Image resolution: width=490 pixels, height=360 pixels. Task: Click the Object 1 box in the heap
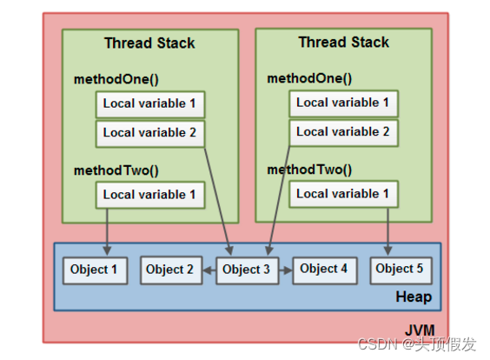click(x=96, y=270)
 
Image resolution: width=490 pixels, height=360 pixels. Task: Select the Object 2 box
click(x=171, y=270)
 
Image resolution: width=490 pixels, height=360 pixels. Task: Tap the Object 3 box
click(x=248, y=270)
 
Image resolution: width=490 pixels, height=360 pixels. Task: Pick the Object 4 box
click(x=325, y=270)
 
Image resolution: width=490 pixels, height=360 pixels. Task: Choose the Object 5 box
click(x=401, y=270)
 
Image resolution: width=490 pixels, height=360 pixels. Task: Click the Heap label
click(x=414, y=297)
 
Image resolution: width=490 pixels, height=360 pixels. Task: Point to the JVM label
click(x=420, y=330)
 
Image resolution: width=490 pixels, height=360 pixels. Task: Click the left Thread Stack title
click(x=149, y=43)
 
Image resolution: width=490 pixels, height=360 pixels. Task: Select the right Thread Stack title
click(x=344, y=42)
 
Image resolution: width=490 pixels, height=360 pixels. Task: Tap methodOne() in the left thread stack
click(x=116, y=79)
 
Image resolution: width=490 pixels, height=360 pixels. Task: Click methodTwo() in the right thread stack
click(x=309, y=170)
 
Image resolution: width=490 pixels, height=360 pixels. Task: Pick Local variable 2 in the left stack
click(x=150, y=134)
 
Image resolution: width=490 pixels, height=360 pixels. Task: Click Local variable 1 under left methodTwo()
click(x=150, y=195)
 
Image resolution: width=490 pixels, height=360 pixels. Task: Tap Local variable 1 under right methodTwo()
click(x=344, y=194)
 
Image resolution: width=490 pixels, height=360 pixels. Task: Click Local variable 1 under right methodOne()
click(x=344, y=103)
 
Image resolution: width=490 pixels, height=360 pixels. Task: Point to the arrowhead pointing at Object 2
click(x=207, y=270)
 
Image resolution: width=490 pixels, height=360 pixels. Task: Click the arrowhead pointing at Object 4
click(x=288, y=270)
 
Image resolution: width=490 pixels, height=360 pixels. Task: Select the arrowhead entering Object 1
click(x=107, y=250)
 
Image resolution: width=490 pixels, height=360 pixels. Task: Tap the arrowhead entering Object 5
click(x=387, y=250)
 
